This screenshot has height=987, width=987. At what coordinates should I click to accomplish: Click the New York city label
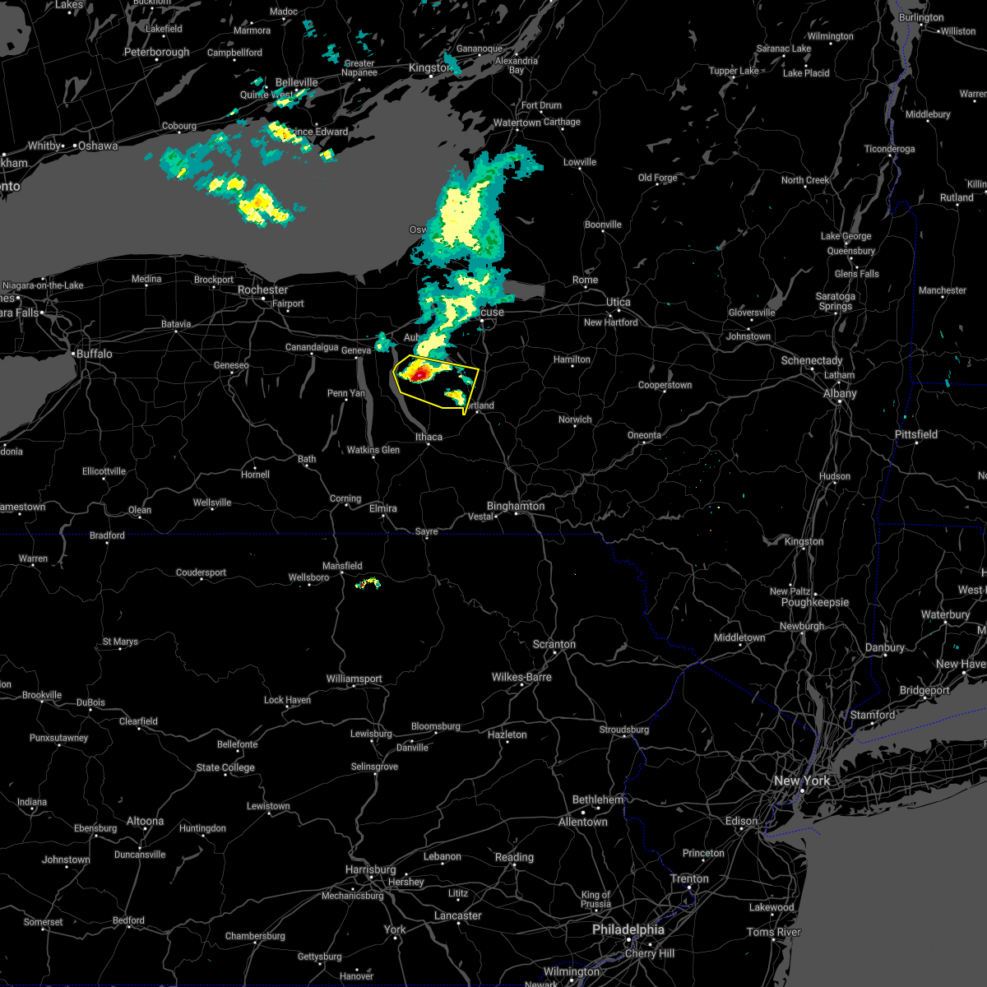802,781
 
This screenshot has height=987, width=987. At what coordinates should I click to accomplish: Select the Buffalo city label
94,354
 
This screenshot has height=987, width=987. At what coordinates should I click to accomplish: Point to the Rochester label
262,290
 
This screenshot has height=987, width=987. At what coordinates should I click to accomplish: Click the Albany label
840,394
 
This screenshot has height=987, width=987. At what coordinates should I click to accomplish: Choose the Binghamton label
516,506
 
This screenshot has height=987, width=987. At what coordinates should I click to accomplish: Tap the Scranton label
554,644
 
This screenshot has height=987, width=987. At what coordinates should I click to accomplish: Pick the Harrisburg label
371,869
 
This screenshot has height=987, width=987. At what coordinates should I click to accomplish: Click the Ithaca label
429,437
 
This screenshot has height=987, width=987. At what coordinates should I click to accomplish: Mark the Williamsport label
354,679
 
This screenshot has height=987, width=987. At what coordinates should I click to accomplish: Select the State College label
225,767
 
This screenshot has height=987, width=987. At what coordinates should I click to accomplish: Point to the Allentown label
582,822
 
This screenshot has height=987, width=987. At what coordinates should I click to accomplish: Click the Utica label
618,303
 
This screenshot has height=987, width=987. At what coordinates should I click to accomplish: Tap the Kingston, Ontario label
429,68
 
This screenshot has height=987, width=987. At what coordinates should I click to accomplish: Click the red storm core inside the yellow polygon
419,374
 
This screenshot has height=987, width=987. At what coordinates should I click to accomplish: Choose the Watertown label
517,123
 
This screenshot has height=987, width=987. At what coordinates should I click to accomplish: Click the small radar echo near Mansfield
368,583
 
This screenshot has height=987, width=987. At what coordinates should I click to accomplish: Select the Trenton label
689,878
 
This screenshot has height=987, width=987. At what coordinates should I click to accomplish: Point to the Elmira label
382,508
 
